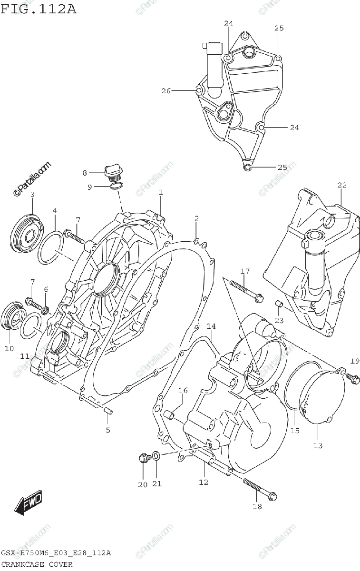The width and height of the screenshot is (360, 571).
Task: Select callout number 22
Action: pos(342,185)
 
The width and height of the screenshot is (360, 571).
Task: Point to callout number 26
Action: pos(165,90)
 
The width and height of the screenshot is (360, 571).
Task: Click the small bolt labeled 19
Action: pos(352,377)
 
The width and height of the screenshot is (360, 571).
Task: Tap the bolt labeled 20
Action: pos(143,458)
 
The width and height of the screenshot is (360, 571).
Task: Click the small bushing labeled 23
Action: pos(280,304)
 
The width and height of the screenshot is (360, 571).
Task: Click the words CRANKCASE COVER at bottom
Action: pos(37,564)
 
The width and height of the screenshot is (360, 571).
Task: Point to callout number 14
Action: pos(211,326)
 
